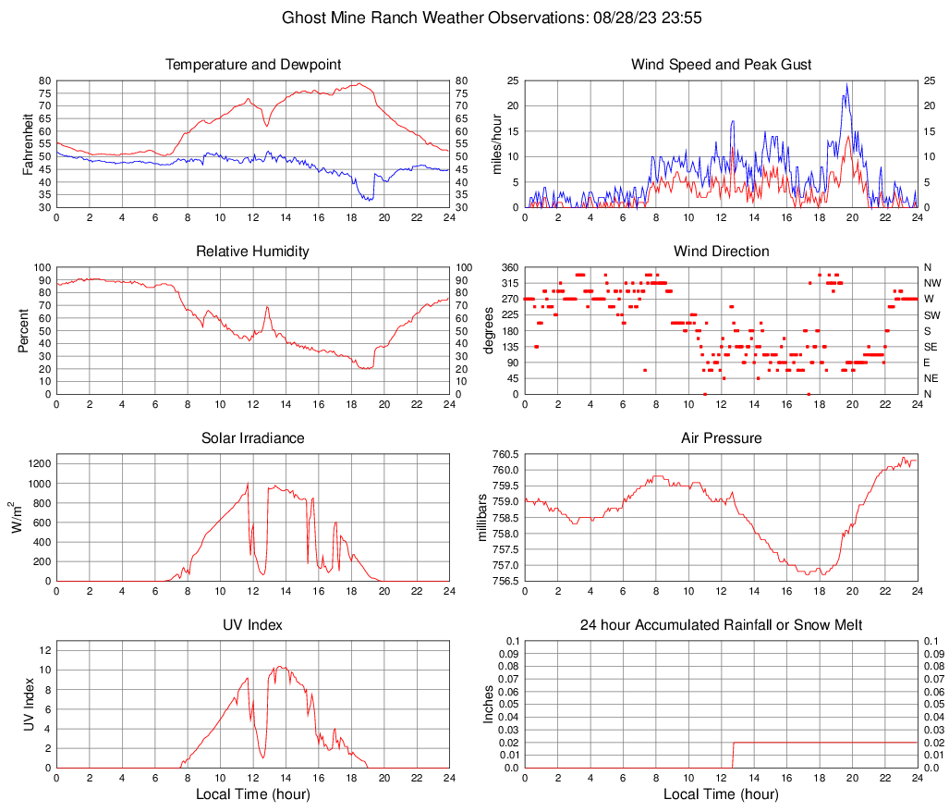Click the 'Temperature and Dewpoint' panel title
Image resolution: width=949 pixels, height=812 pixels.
(x=253, y=65)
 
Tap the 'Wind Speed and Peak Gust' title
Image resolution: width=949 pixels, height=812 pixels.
(x=721, y=65)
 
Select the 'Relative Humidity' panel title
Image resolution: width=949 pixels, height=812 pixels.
(x=253, y=252)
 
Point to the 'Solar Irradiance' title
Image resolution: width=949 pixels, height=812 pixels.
(x=253, y=437)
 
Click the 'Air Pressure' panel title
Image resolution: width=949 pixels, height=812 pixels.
(x=721, y=437)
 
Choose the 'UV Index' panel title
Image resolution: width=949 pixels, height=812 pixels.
(x=253, y=625)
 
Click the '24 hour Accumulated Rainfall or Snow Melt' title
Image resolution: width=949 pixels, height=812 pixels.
(x=721, y=625)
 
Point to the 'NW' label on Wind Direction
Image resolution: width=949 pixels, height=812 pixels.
(x=931, y=283)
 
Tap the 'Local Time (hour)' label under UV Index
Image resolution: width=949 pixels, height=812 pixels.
(x=253, y=794)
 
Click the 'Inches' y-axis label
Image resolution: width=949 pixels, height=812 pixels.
(x=490, y=704)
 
